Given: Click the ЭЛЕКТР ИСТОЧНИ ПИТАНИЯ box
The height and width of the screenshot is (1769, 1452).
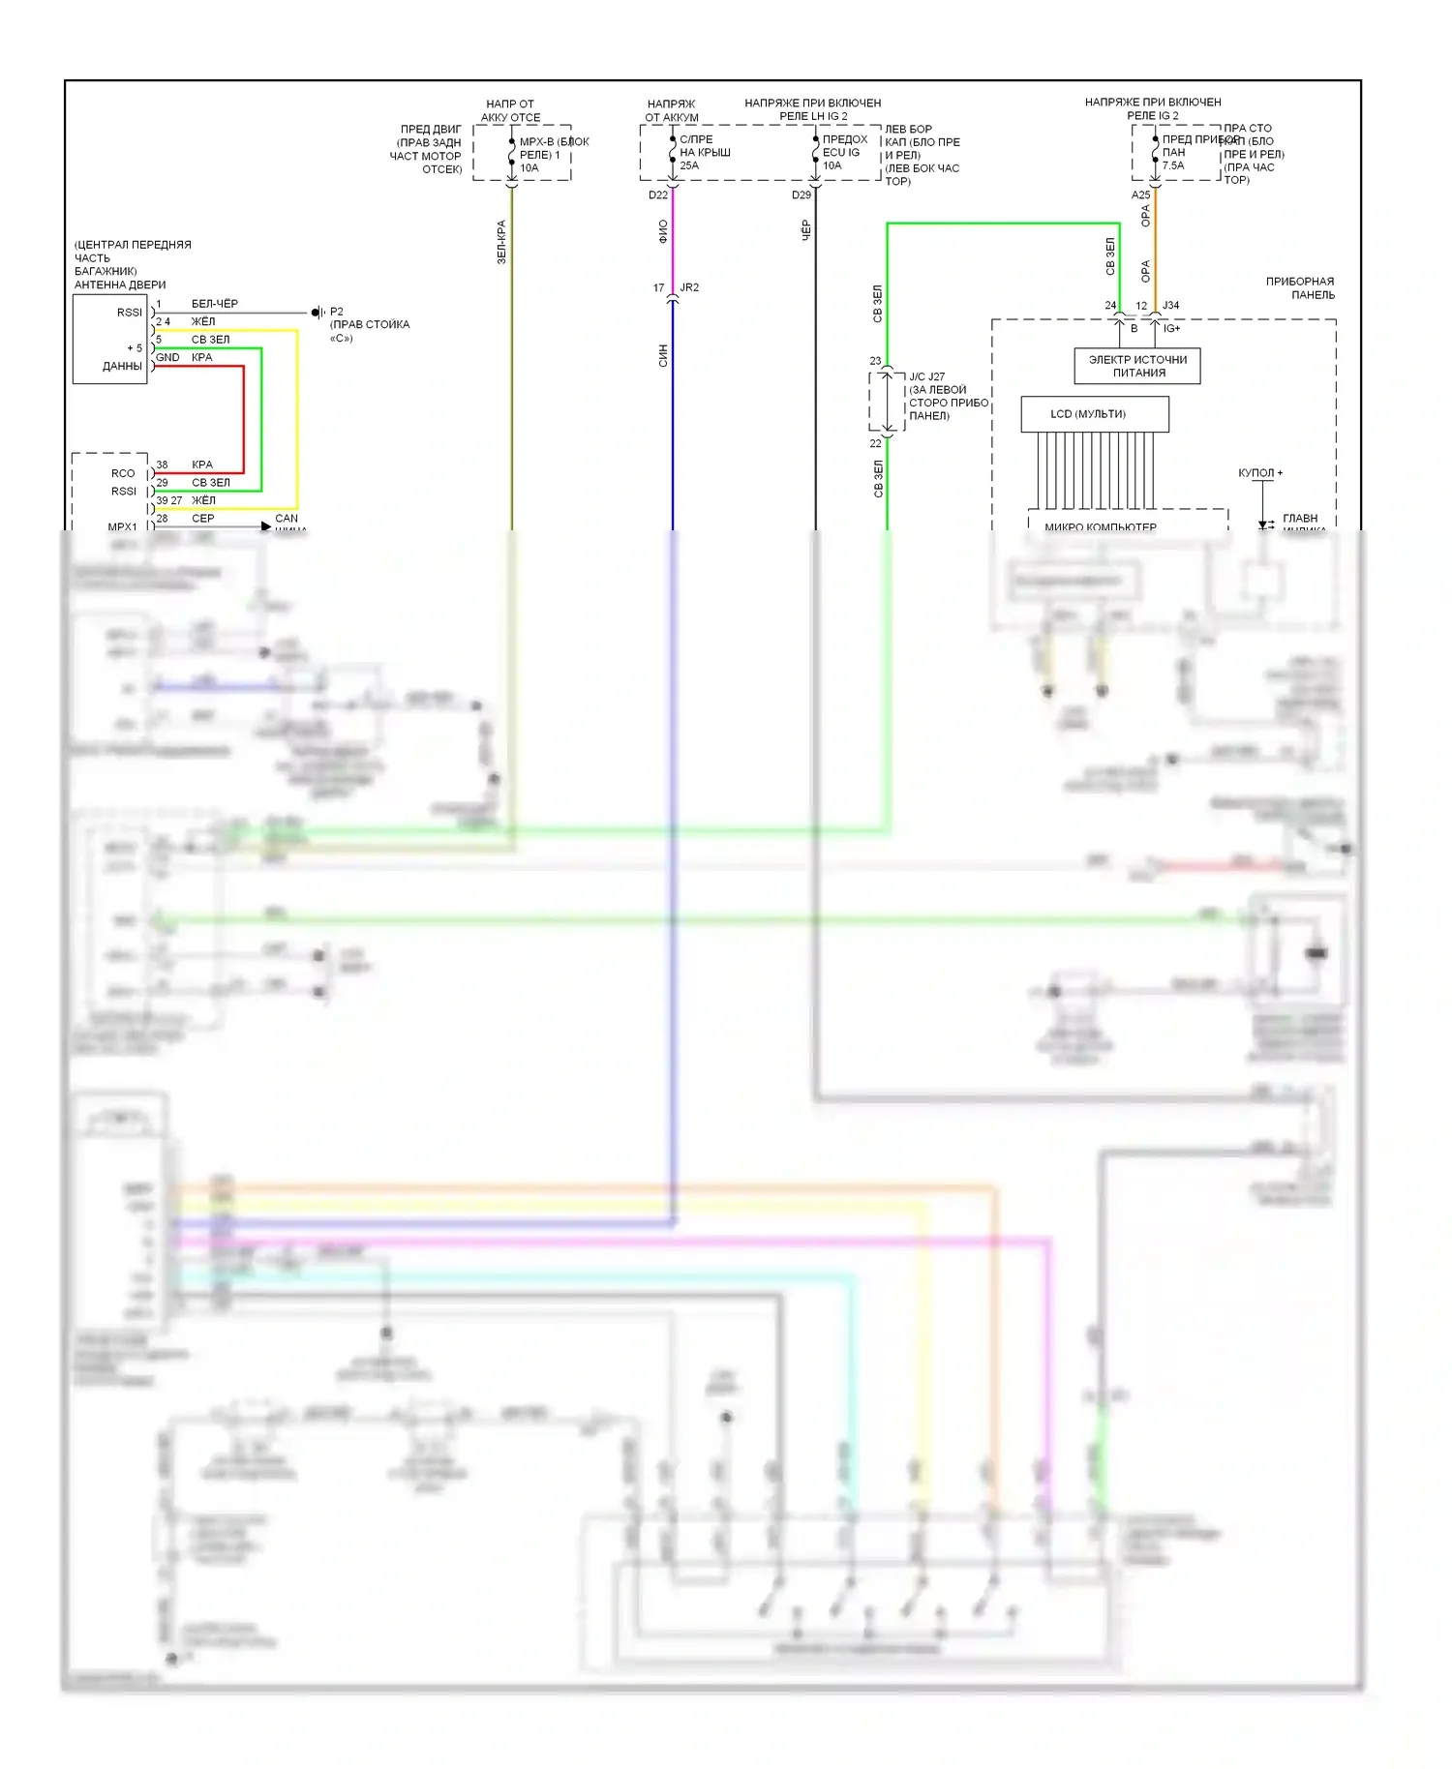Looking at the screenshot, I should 1137,366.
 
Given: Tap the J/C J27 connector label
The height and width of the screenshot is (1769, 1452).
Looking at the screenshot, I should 926,376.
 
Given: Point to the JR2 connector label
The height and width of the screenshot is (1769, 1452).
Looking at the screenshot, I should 689,287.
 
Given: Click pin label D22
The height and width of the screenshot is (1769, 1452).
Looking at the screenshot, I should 658,195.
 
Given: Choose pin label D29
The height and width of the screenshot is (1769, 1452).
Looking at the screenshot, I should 802,195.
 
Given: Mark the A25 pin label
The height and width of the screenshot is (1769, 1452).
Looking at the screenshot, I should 1141,195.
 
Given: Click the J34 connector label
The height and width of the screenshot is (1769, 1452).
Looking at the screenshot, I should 1171,306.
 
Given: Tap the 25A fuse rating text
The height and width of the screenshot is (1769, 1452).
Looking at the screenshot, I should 689,165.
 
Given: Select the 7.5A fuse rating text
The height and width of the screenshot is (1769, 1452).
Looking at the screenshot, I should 1173,165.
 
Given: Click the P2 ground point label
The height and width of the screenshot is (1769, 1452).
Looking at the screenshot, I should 337,312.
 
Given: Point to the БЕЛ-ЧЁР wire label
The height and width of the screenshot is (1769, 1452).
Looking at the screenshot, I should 215,304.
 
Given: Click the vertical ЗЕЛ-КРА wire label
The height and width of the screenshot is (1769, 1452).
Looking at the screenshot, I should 501,242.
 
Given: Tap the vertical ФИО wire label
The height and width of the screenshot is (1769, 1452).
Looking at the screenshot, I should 663,231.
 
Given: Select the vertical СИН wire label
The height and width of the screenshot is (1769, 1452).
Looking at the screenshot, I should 663,355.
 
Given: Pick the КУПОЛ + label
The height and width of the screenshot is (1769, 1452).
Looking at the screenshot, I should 1260,473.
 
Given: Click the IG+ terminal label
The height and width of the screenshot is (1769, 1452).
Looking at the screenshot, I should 1172,329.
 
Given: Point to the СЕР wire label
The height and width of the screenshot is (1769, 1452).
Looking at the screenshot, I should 203,519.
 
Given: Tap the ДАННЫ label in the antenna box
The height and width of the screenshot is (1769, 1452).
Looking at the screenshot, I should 122,367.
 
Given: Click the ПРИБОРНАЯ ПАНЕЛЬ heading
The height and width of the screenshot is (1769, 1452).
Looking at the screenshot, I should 1300,288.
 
